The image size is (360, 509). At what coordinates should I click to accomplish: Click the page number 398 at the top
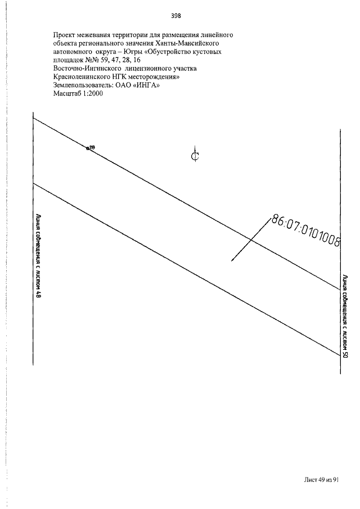click(175, 16)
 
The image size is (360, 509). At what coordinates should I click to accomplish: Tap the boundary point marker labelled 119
click(88, 149)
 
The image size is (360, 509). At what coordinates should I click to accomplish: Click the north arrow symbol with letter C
click(195, 156)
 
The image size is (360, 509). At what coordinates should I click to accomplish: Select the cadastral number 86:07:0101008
click(305, 231)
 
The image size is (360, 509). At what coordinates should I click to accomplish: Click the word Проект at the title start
click(64, 35)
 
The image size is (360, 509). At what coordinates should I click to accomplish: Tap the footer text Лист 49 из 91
click(321, 480)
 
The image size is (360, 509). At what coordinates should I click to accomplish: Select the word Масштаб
click(65, 94)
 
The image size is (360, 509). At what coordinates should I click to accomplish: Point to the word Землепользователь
click(82, 85)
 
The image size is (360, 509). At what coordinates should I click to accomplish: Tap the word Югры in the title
click(130, 52)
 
